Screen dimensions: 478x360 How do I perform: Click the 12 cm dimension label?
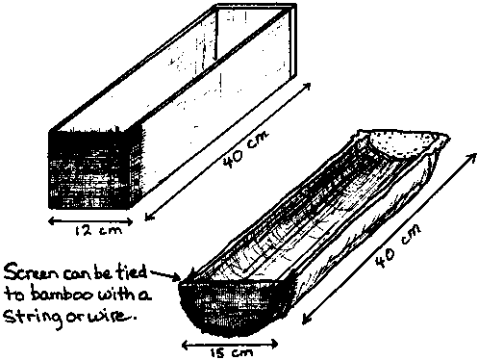(x=98, y=231)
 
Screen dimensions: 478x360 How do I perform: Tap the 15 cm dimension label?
(x=232, y=352)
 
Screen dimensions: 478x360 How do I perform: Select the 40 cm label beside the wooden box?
(x=246, y=148)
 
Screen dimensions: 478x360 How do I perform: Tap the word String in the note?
(x=33, y=318)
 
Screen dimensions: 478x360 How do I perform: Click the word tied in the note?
(x=132, y=273)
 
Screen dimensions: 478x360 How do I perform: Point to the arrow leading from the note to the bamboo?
(x=165, y=276)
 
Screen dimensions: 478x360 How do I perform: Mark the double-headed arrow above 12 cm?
(x=90, y=221)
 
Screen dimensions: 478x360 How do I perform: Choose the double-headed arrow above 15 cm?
(x=230, y=345)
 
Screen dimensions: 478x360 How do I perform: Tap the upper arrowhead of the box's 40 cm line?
(x=306, y=87)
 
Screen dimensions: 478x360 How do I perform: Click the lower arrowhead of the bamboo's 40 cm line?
(x=307, y=320)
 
